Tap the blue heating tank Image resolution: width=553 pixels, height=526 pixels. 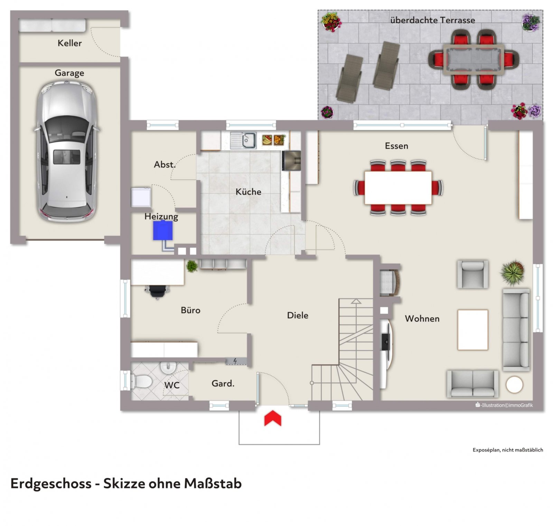pos(163,230)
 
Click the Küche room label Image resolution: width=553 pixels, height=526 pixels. pos(248,192)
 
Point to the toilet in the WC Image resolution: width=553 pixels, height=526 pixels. pos(142,382)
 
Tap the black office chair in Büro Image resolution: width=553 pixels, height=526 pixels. pos(158,291)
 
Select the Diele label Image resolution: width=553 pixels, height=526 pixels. pos(298,315)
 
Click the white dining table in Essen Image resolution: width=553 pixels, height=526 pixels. pos(398,188)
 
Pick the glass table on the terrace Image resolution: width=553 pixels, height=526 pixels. pos(474,59)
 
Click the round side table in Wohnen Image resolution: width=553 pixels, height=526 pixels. pos(514,384)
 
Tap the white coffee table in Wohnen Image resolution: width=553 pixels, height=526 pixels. pos(473,330)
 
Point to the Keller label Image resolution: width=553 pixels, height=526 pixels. pos(70,43)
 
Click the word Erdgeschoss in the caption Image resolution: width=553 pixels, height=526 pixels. pos(51,484)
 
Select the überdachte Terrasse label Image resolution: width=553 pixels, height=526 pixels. pos(432,20)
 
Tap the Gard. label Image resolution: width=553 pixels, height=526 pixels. pos(223,383)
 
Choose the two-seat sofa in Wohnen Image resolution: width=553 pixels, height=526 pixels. pos(472,383)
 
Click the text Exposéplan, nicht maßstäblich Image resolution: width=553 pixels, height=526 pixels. pos(508,450)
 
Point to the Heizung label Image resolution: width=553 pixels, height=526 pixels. pos(161,217)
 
